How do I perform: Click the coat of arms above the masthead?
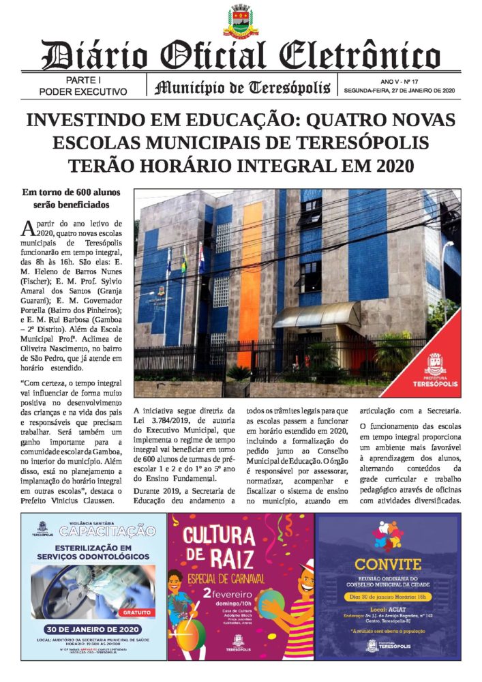pos(241,20)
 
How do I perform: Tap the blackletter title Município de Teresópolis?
pos(243,87)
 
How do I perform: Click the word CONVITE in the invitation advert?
pos(388,564)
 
